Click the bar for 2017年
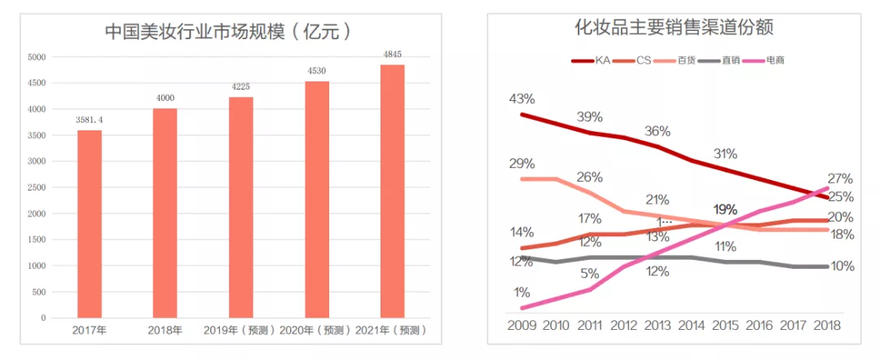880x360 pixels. click(90, 224)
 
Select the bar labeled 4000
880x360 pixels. click(165, 213)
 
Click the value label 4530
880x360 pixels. click(316, 71)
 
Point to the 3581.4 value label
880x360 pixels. click(90, 119)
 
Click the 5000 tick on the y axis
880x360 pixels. click(37, 57)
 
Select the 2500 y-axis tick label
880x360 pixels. click(37, 187)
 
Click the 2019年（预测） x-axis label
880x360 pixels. click(240, 331)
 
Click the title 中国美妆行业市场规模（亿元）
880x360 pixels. click(231, 33)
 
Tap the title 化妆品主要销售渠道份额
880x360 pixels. click(673, 29)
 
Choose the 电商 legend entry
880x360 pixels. click(775, 59)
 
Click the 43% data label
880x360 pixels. click(521, 99)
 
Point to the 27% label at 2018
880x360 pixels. click(840, 178)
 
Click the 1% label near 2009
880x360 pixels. click(522, 292)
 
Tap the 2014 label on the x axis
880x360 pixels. click(692, 325)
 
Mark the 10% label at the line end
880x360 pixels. click(842, 266)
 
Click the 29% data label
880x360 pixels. click(521, 164)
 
